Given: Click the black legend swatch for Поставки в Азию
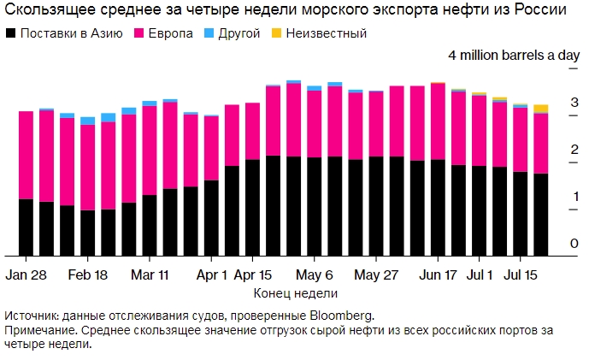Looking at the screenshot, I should click(11, 33).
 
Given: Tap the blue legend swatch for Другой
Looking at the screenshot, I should click(210, 33).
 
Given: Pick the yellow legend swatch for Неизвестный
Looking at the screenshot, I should click(276, 33).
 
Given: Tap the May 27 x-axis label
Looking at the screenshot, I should click(376, 275).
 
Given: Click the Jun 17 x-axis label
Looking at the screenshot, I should click(439, 275).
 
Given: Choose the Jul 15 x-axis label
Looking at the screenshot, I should click(521, 275).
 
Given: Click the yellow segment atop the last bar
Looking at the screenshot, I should click(541, 109).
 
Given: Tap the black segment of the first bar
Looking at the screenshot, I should click(26, 227).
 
